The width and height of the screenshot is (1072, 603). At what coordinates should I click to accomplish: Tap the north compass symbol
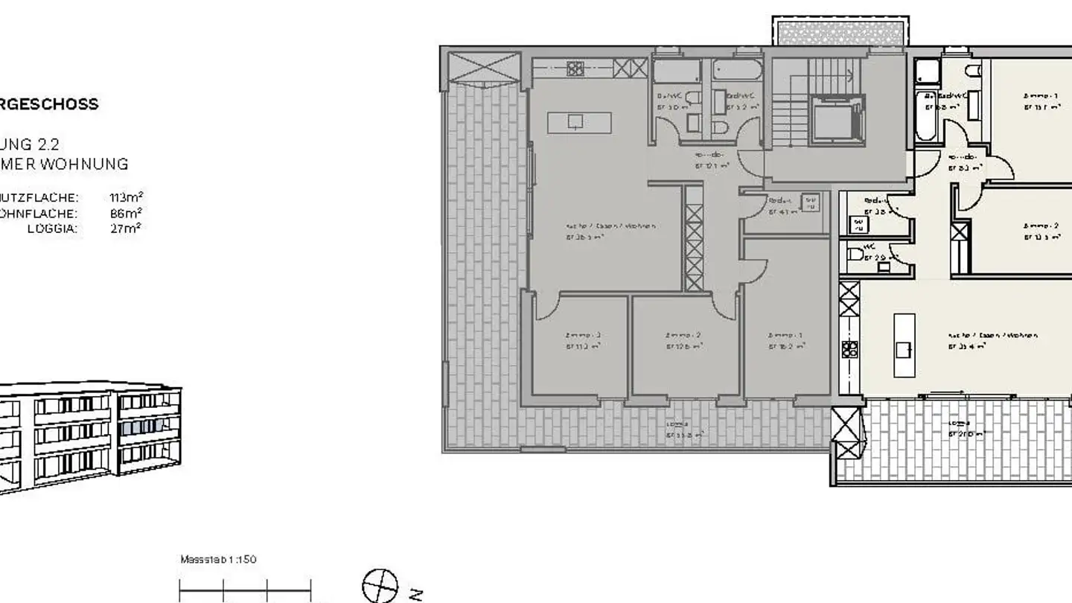380,585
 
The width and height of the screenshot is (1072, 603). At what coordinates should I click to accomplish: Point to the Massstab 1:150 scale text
218,559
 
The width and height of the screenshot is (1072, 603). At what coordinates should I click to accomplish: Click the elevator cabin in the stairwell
837,120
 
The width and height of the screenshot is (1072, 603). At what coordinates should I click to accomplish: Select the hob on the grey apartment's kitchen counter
575,68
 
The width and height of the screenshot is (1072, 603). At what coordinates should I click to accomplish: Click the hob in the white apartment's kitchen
849,348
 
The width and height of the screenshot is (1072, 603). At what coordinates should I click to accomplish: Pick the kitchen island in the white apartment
904,345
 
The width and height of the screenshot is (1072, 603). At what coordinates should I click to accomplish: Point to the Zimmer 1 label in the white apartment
1041,96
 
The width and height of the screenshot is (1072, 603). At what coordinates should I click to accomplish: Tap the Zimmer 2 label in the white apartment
1041,226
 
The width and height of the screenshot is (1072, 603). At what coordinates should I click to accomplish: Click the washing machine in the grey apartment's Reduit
810,202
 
